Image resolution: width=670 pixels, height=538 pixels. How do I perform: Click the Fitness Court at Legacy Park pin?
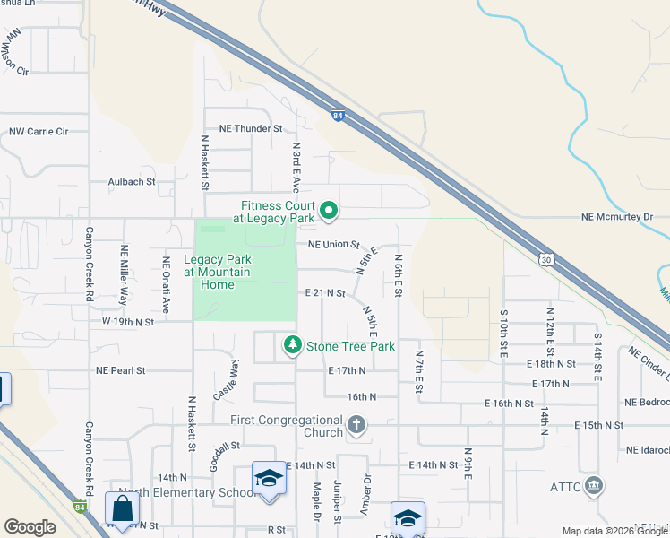[x=329, y=212]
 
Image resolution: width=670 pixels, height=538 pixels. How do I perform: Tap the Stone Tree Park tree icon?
[x=292, y=345]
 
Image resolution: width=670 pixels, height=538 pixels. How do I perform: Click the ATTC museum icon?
[x=593, y=487]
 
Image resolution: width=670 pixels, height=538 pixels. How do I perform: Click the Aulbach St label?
[x=132, y=181]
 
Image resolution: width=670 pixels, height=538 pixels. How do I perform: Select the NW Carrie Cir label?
[x=39, y=132]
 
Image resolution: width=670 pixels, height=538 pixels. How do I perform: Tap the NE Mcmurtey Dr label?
[x=618, y=217]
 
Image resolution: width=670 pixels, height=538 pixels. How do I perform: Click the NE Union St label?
[x=333, y=244]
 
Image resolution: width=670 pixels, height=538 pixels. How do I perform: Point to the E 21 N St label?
[x=325, y=293]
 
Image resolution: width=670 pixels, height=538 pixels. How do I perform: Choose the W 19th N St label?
[x=128, y=321]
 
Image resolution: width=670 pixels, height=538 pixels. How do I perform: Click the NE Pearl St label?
[x=120, y=369]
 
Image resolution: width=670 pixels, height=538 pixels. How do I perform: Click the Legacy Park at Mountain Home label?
[x=217, y=273]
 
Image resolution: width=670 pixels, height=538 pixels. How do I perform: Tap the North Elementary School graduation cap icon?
[x=268, y=480]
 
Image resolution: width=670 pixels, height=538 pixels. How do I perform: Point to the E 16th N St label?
[x=511, y=403]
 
